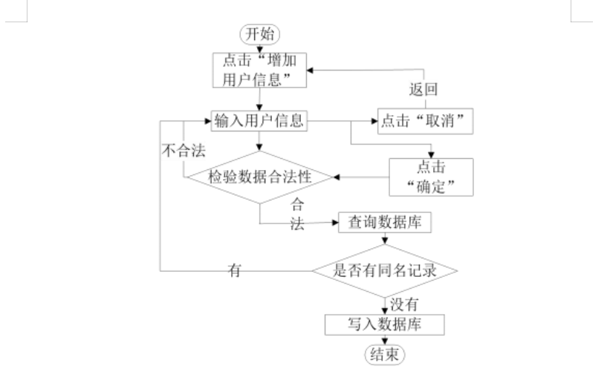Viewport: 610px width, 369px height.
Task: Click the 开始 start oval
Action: (x=259, y=34)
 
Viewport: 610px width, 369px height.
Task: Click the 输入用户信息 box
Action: (x=260, y=121)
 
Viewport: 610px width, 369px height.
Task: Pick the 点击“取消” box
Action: (x=426, y=121)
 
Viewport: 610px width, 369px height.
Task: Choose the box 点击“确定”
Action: (x=432, y=176)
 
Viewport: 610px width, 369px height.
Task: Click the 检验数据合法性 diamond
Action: (x=259, y=177)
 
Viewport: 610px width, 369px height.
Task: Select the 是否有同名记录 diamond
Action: (x=384, y=270)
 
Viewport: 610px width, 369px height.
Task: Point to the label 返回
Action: (x=424, y=91)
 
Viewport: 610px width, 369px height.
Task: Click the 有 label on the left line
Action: (x=235, y=271)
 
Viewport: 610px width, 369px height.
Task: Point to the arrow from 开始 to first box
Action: (x=259, y=48)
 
